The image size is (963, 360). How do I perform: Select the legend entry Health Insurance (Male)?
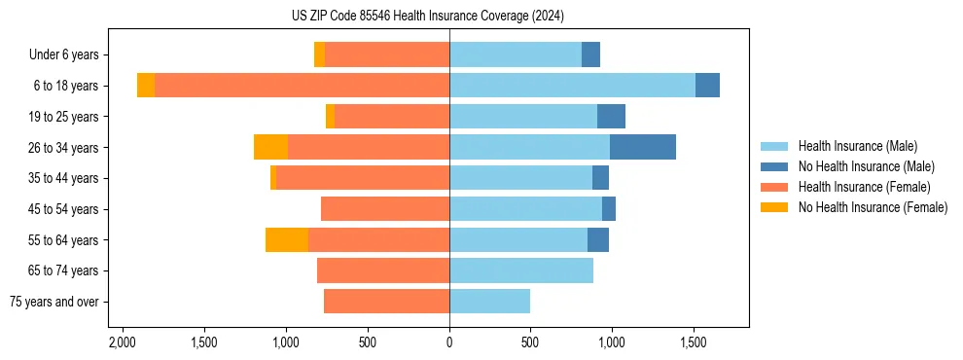pyautogui.click(x=857, y=146)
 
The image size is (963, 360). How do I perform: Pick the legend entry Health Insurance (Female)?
pyautogui.click(x=864, y=187)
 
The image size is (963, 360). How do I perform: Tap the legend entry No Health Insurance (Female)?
pyautogui.click(x=873, y=207)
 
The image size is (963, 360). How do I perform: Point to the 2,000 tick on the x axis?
pyautogui.click(x=122, y=342)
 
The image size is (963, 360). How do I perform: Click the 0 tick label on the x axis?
pyautogui.click(x=449, y=342)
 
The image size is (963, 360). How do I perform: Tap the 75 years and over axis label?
pyautogui.click(x=54, y=302)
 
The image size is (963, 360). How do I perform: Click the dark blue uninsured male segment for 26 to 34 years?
pyautogui.click(x=642, y=147)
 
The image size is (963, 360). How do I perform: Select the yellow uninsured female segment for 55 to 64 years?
pyautogui.click(x=287, y=239)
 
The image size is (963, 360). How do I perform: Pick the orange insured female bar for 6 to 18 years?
pyautogui.click(x=302, y=86)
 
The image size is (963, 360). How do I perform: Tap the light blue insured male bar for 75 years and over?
pyautogui.click(x=489, y=302)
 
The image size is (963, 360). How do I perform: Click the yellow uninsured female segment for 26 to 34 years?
pyautogui.click(x=270, y=147)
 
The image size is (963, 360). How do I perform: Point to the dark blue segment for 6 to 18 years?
pyautogui.click(x=707, y=86)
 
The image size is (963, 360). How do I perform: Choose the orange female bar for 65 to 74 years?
pyautogui.click(x=383, y=270)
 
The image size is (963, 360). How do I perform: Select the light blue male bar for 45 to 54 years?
pyautogui.click(x=525, y=209)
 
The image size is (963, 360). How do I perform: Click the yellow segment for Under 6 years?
pyautogui.click(x=319, y=54)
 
